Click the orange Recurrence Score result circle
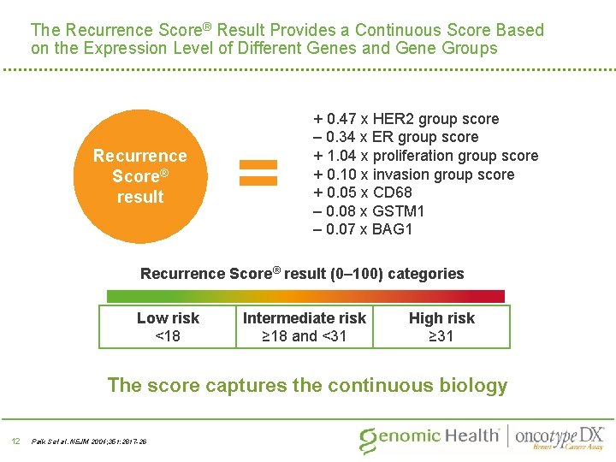point(139,175)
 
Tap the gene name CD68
point(393,192)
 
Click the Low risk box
point(168,327)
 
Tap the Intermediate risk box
point(305,327)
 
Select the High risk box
point(441,327)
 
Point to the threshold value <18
point(168,336)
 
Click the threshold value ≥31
point(441,336)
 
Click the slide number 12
point(15,441)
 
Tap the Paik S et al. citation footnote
point(89,441)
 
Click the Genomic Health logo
point(429,437)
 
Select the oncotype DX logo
point(560,436)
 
